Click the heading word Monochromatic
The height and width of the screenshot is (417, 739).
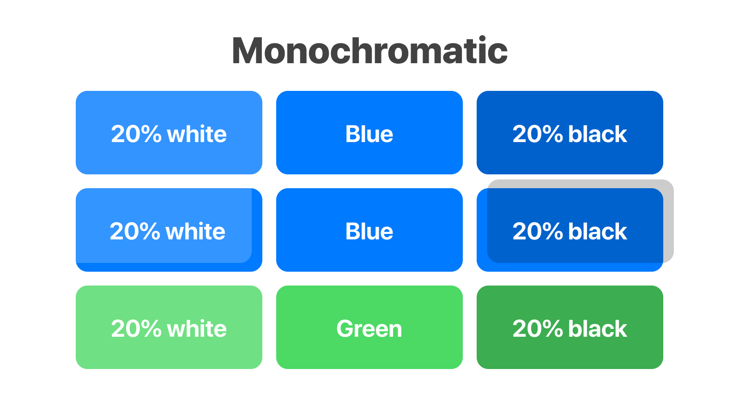tap(369, 51)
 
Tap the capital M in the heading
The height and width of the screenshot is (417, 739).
tap(250, 51)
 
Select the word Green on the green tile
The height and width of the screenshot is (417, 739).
tap(369, 328)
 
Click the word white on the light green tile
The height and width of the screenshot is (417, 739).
tap(197, 328)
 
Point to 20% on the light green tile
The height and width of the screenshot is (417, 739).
tap(136, 328)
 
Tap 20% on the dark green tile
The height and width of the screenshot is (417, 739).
tap(538, 328)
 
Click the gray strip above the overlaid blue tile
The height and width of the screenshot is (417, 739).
tap(577, 184)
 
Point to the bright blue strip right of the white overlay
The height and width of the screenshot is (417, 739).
tap(257, 226)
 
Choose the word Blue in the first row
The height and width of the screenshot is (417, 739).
tap(369, 134)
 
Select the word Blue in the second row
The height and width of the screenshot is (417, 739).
tap(369, 231)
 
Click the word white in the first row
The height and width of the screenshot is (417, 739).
tap(197, 134)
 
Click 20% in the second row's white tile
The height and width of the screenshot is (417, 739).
tap(135, 231)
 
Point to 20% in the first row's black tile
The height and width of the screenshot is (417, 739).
tap(538, 134)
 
